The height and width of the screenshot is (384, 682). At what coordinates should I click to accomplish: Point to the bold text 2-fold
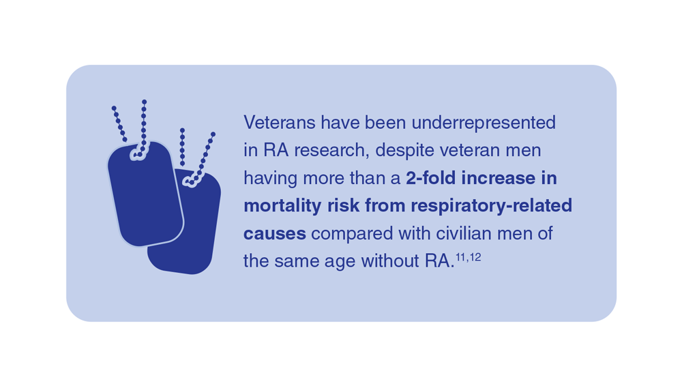[431, 178]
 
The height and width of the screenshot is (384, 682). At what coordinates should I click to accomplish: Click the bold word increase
[499, 178]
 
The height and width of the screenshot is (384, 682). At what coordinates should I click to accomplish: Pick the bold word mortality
[282, 207]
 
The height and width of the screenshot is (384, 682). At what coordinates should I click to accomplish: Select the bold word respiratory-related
[492, 207]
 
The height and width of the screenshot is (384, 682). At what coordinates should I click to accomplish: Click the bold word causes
[274, 234]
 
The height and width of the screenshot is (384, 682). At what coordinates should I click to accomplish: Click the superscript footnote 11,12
[469, 257]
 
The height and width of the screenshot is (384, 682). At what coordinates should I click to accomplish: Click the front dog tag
[145, 194]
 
